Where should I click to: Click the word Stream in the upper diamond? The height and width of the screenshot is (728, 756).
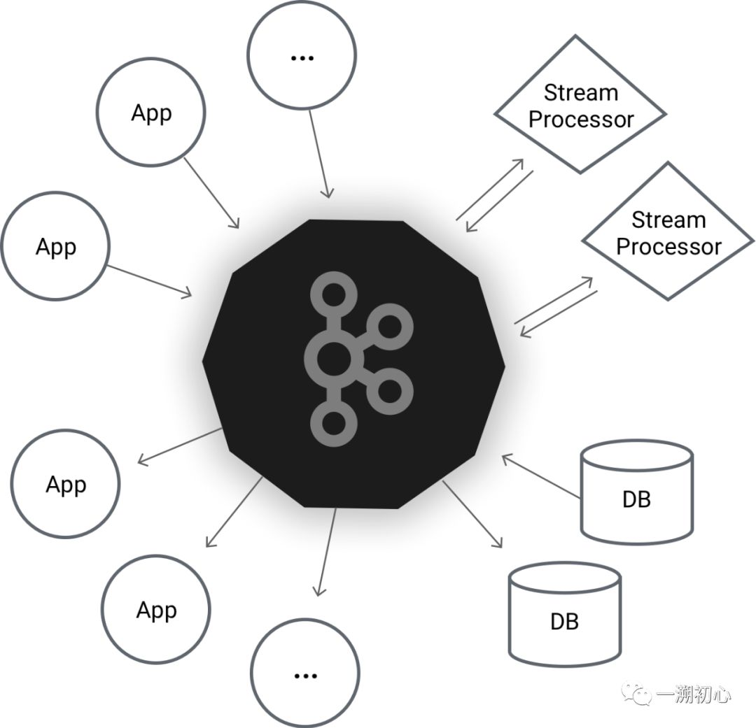(581, 93)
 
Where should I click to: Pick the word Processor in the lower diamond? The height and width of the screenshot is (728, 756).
(668, 246)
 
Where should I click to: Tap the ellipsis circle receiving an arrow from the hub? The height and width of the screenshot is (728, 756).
(304, 675)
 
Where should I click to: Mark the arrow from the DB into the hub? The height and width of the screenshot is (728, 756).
(541, 477)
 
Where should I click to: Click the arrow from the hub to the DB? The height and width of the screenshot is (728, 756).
(473, 515)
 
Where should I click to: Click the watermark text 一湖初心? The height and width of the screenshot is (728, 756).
(694, 694)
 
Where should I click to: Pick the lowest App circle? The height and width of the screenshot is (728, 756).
(155, 610)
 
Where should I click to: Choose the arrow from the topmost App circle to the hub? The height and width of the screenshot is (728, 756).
(211, 192)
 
